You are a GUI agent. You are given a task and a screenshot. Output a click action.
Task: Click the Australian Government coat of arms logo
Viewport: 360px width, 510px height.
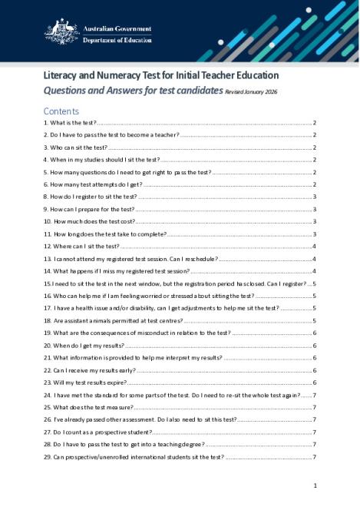tap(60, 33)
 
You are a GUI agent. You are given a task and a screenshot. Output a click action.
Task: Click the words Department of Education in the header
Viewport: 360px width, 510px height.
tap(116, 40)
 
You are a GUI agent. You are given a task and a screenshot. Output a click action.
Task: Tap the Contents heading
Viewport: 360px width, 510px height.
tap(61, 111)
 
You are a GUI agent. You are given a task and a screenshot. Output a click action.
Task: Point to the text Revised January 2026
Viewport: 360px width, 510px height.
tap(257, 91)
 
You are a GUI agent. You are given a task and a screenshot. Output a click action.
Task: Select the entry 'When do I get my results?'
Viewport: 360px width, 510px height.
tap(87, 346)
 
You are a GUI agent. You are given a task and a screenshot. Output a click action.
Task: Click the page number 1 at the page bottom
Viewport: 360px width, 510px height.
tap(315, 485)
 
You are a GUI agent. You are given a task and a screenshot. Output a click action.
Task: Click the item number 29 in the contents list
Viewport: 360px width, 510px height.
tap(48, 457)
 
